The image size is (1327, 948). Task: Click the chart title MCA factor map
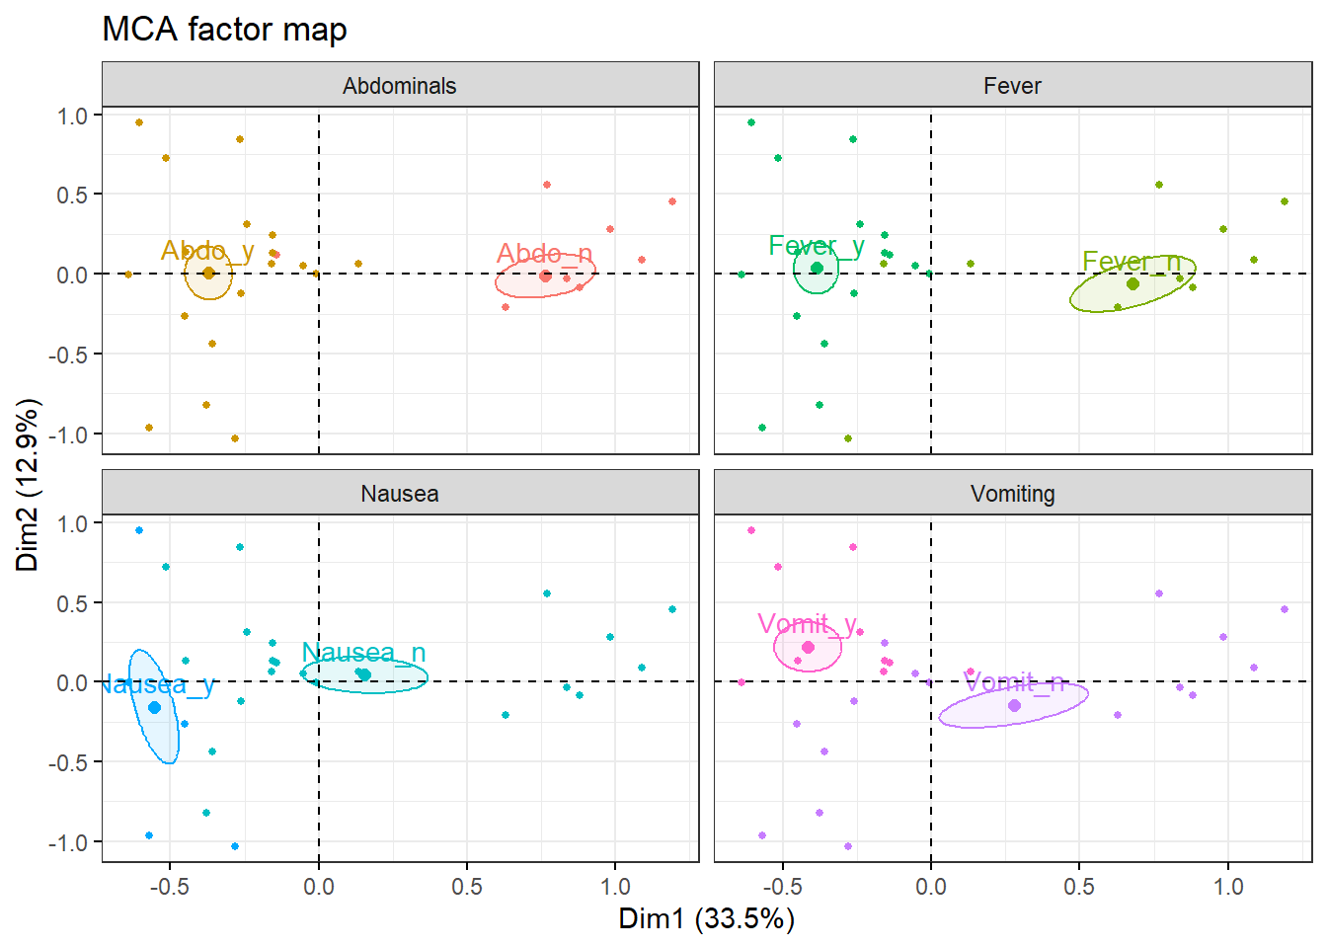224,30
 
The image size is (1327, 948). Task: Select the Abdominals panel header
400,86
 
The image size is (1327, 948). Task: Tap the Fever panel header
1012,86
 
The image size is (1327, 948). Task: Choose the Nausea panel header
400,494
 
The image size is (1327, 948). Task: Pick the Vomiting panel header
1012,494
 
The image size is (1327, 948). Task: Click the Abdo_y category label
207,251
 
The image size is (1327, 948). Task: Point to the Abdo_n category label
544,254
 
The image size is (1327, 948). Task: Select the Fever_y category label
817,246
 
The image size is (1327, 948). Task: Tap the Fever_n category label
1132,262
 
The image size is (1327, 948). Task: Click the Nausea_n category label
363,653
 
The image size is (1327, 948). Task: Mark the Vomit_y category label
808,624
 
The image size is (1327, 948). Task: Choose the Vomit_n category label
1014,682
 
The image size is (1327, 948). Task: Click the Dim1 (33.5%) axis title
706,918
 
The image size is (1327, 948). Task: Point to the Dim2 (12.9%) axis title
28,484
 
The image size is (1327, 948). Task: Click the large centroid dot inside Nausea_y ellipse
154,707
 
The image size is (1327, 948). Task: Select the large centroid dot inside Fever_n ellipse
1132,283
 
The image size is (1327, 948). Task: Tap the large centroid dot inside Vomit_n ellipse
1014,705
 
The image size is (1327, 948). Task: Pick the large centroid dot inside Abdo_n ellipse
545,276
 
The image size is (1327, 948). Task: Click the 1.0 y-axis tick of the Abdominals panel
72,116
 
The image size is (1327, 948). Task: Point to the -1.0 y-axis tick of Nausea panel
68,842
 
